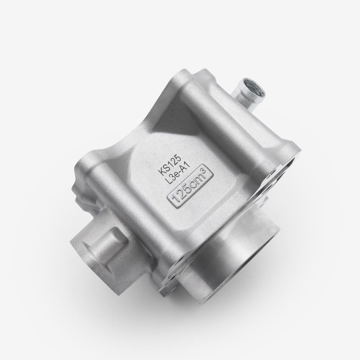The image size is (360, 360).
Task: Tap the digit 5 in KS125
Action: pos(179,157)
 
